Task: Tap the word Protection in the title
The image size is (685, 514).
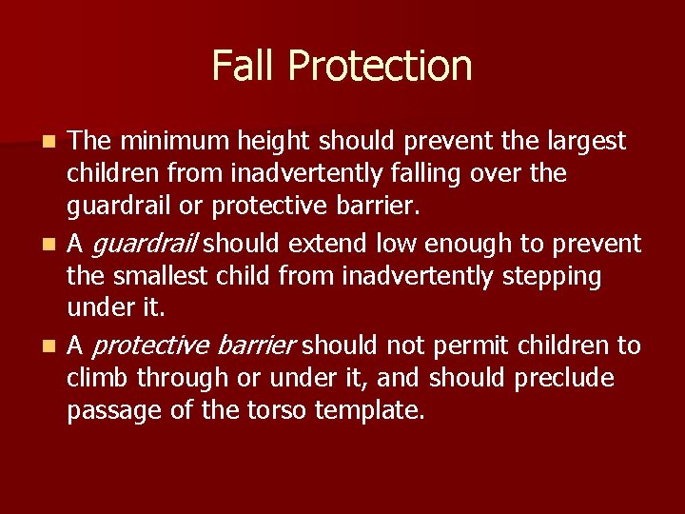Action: (x=381, y=66)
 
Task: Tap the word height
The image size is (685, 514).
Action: (x=269, y=142)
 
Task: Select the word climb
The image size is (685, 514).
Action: (x=99, y=378)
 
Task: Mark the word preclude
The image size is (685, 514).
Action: (x=564, y=378)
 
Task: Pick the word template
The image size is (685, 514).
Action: (x=374, y=411)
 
